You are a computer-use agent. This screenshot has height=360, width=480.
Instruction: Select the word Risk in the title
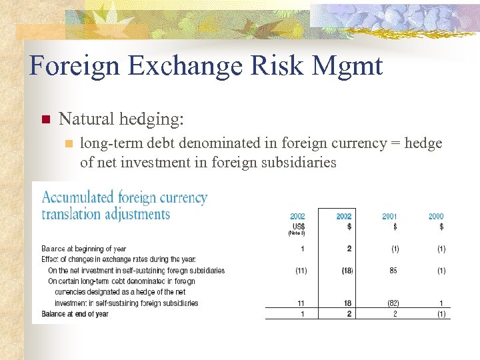(x=274, y=67)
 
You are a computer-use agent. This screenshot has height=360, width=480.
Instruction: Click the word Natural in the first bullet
(x=86, y=119)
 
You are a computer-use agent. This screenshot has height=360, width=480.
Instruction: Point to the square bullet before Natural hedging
(x=46, y=120)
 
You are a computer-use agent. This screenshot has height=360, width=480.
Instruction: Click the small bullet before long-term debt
(x=67, y=143)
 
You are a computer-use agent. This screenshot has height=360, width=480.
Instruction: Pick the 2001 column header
(x=389, y=216)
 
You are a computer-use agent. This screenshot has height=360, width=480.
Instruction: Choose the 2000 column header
(x=436, y=216)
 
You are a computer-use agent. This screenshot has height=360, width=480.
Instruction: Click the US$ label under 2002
(x=298, y=226)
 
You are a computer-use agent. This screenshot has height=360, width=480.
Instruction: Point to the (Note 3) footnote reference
(x=297, y=233)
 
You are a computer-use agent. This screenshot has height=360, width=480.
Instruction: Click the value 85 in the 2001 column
(x=393, y=271)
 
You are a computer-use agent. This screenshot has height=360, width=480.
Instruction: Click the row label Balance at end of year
(x=75, y=314)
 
